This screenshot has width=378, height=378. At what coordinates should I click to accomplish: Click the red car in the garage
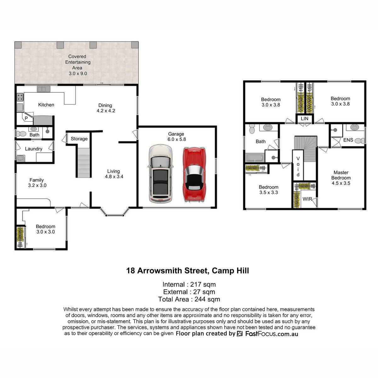click(194, 175)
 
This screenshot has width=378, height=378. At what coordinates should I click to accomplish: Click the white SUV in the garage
click(160, 174)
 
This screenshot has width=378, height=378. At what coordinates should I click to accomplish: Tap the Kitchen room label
click(46, 105)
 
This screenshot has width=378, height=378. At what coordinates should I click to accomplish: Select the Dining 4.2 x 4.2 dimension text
click(106, 111)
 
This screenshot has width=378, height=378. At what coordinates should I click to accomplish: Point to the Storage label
click(79, 139)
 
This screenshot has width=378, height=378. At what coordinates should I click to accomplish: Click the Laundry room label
click(33, 149)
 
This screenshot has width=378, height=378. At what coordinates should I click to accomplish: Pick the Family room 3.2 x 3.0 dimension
click(37, 185)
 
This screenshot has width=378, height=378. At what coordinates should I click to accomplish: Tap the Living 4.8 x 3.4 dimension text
click(114, 176)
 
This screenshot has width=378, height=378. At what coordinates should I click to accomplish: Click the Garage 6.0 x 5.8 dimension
click(176, 139)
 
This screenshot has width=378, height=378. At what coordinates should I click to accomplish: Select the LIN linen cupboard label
click(304, 118)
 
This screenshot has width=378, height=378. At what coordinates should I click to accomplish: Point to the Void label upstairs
click(298, 166)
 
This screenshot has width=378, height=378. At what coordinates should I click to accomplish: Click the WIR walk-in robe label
click(307, 199)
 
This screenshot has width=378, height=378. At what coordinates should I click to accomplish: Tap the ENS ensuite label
click(348, 140)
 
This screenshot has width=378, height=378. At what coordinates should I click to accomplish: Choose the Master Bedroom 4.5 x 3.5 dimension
click(341, 183)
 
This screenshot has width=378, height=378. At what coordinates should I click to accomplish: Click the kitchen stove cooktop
click(20, 97)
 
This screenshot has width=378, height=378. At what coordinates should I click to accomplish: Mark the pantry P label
click(26, 118)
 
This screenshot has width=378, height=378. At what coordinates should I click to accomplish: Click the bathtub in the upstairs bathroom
click(255, 158)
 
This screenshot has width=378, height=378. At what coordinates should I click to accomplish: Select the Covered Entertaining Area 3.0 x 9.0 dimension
click(78, 74)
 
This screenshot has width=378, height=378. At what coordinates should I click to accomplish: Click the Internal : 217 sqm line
click(189, 284)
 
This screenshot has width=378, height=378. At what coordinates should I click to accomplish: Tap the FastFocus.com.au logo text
click(272, 334)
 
